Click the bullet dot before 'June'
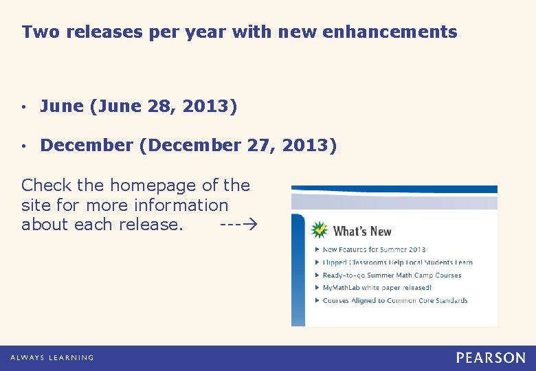pos(24,108)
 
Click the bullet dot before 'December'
pos(24,146)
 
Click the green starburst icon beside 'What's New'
pos(320,230)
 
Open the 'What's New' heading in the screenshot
pos(362,232)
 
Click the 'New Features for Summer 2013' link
pos(374,249)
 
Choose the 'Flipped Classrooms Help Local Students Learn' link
pos(397,262)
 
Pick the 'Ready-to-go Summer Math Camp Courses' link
pos(392,275)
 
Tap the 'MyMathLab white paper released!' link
pos(377,288)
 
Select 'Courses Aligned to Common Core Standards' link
pos(394,300)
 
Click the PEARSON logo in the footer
pos(491,357)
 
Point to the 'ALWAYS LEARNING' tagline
pos(52,357)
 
